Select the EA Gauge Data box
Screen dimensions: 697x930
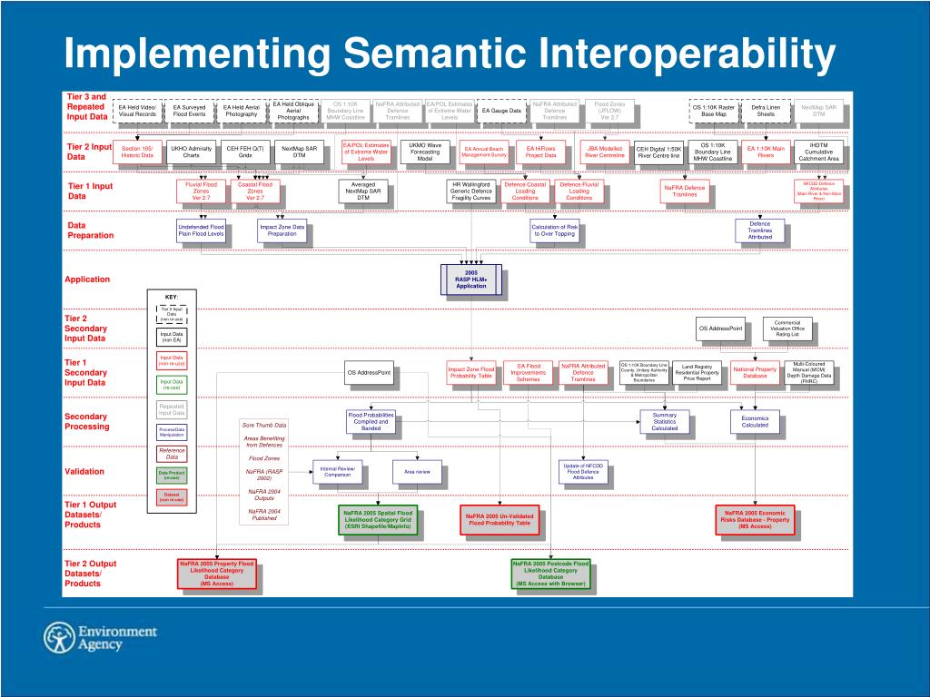click(501, 111)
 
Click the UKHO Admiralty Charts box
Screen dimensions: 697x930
click(191, 152)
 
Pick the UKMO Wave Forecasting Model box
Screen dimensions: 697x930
click(425, 152)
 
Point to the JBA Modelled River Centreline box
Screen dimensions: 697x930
click(605, 152)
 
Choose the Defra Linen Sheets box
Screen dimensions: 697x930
click(766, 111)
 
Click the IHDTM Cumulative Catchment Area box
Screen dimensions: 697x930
click(819, 152)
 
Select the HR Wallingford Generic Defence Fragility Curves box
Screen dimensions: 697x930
click(470, 191)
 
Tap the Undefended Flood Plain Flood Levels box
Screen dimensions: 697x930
click(201, 231)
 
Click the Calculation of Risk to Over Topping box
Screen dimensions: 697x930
click(554, 231)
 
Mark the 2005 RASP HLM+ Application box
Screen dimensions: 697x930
click(470, 280)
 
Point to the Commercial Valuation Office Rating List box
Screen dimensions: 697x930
click(787, 329)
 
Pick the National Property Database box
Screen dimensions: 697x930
click(755, 372)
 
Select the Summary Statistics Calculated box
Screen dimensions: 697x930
click(665, 421)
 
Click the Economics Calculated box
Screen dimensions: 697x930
click(755, 421)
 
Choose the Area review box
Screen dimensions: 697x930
click(417, 472)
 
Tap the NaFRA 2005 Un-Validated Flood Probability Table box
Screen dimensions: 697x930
click(500, 520)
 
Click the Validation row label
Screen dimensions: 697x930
click(84, 471)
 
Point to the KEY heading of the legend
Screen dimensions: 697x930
click(171, 297)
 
